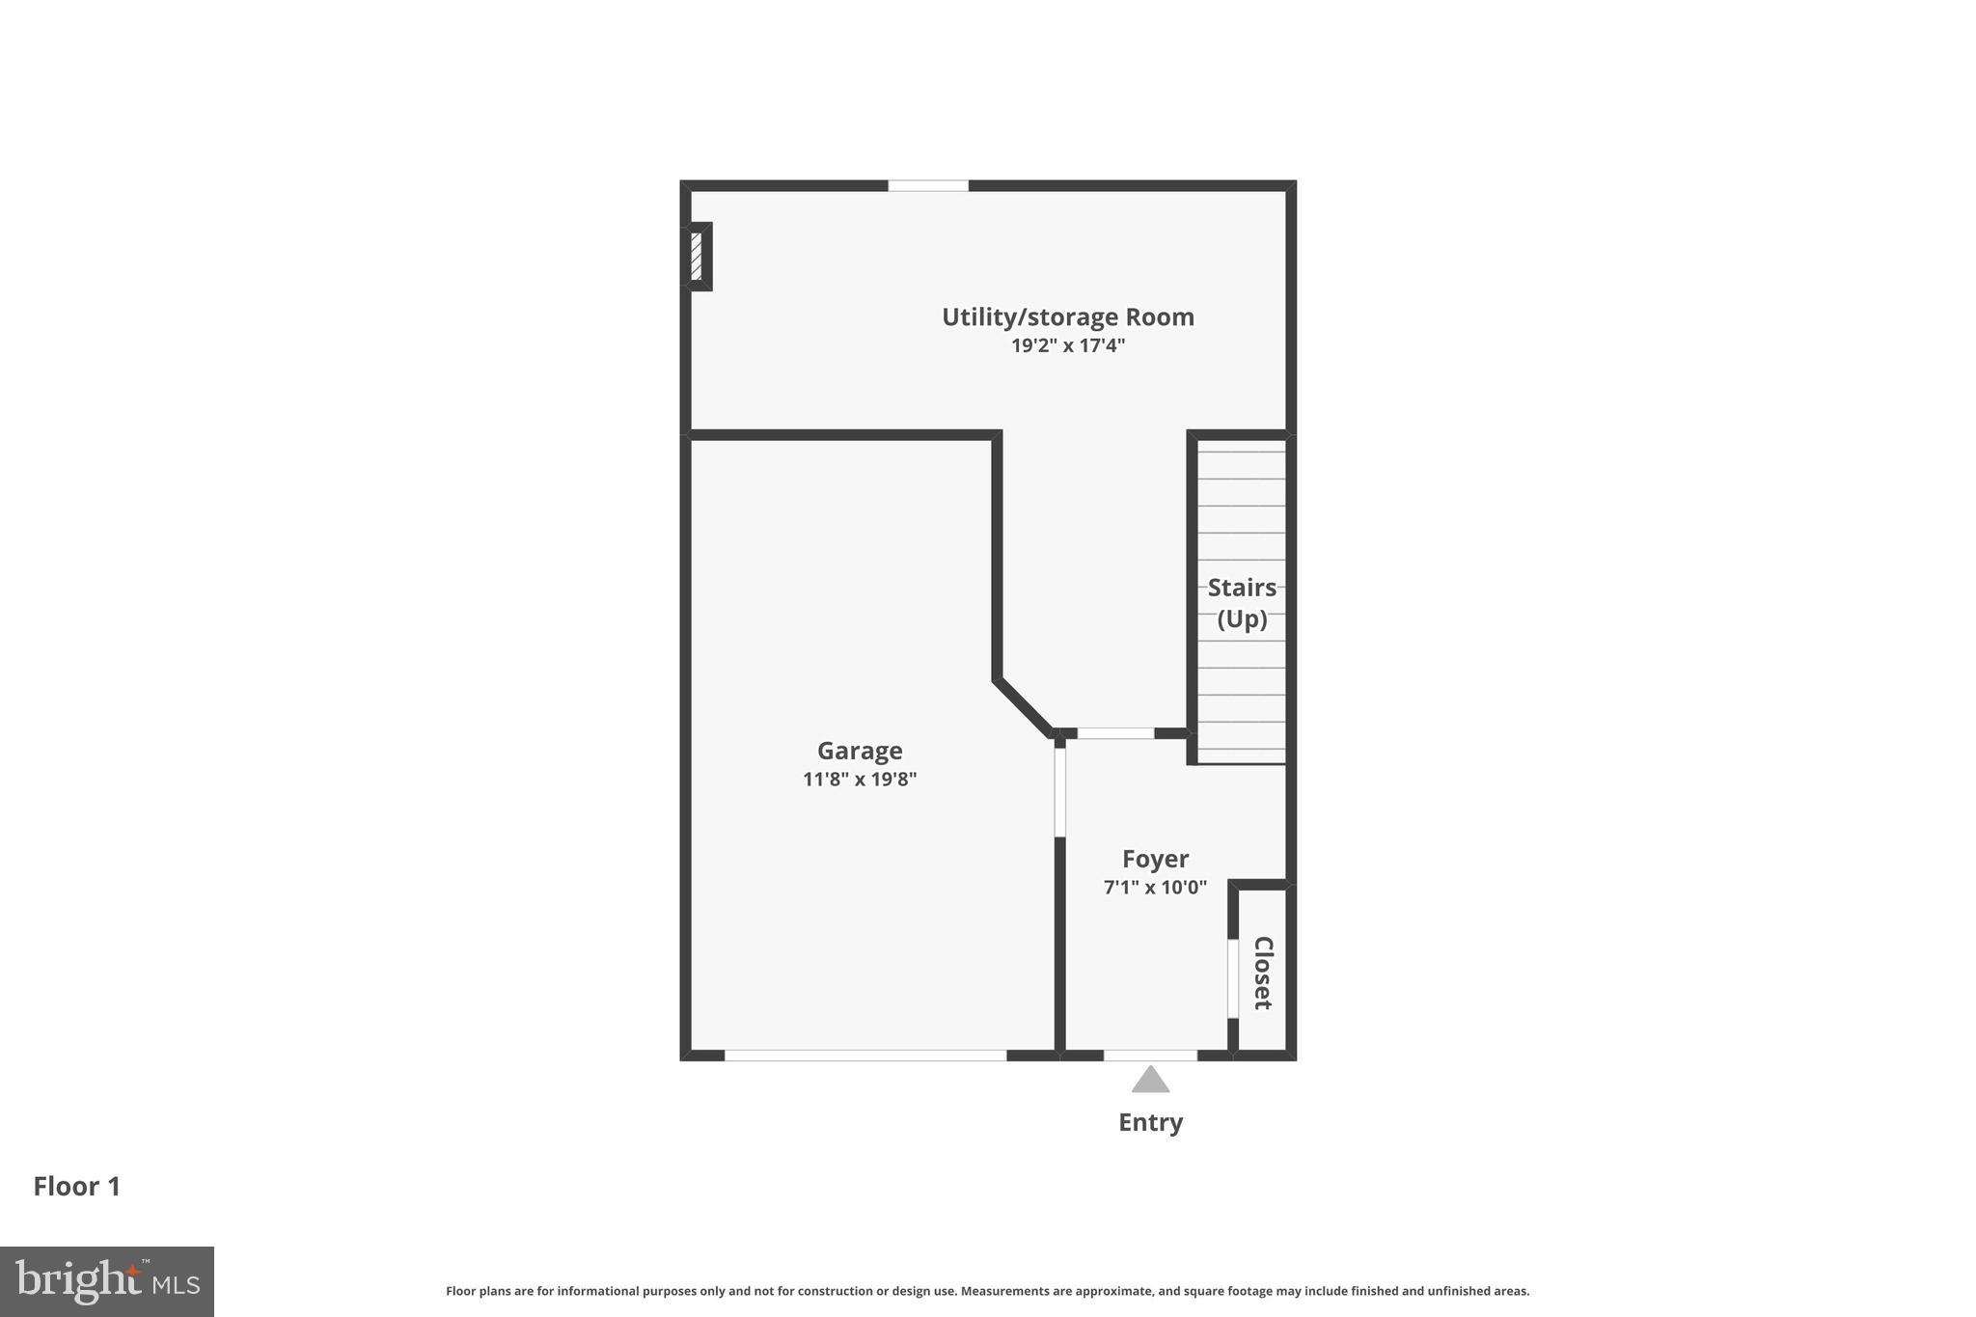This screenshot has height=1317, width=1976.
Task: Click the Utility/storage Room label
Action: (x=1067, y=316)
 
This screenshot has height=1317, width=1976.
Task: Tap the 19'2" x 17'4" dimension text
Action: (x=1067, y=345)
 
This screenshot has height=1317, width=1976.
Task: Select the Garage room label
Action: (x=860, y=751)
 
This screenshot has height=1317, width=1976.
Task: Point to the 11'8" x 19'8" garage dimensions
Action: (x=860, y=779)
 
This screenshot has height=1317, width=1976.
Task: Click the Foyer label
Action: (x=1155, y=859)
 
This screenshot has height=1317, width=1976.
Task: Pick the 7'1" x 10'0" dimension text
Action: (x=1155, y=887)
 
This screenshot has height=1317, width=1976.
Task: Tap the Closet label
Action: (x=1263, y=973)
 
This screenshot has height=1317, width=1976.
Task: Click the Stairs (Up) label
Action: (x=1242, y=602)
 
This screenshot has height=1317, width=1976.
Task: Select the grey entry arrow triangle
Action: (x=1150, y=1080)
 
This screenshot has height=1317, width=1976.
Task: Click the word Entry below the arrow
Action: (x=1150, y=1122)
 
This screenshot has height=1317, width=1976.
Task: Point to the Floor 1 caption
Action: (x=77, y=1187)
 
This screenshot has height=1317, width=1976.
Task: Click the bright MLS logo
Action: (x=106, y=1281)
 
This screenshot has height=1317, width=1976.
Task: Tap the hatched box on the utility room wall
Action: (x=697, y=256)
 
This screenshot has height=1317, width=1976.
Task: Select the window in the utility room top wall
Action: (x=927, y=185)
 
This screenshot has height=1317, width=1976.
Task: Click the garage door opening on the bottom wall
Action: (x=865, y=1055)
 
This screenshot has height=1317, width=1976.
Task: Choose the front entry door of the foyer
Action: (x=1150, y=1055)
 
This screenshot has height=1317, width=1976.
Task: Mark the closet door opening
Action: (x=1232, y=977)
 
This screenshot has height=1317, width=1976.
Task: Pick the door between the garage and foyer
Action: (x=1059, y=791)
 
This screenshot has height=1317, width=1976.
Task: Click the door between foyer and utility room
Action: (x=1115, y=733)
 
